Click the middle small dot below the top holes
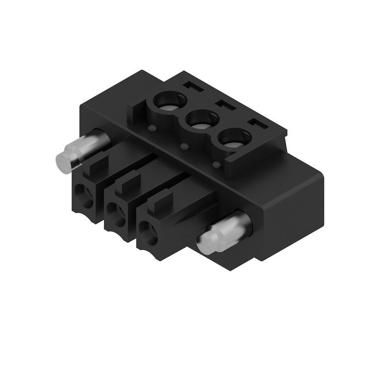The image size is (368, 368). click(184, 146)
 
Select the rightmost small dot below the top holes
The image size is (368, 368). click(216, 165)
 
